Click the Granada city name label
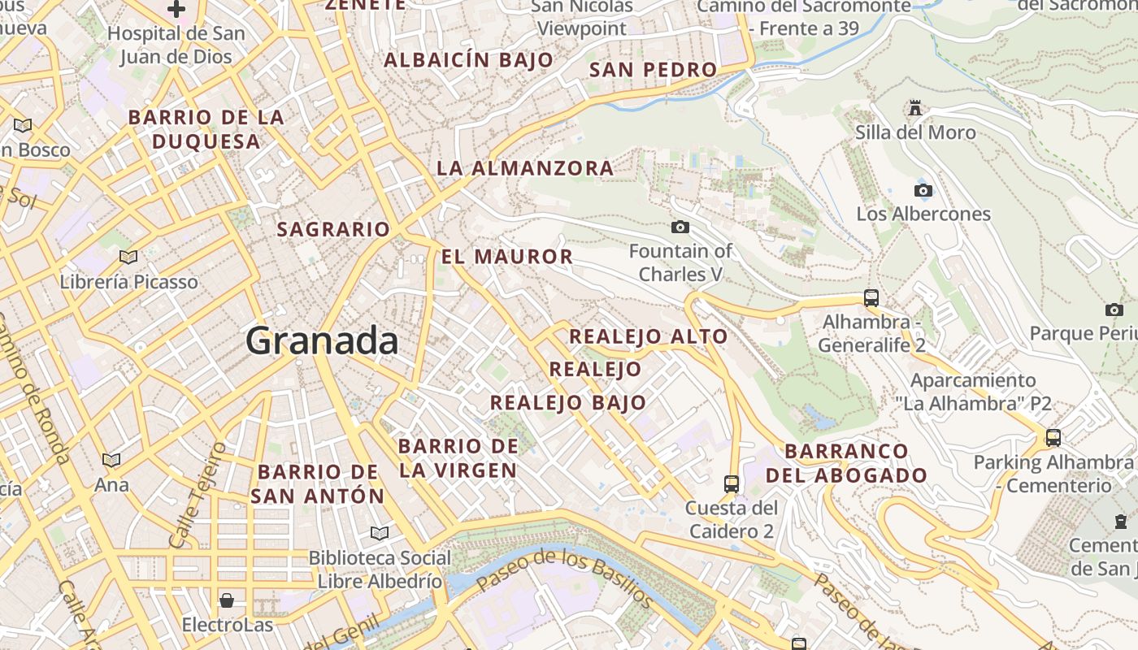click(322, 340)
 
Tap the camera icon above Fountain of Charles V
click(680, 227)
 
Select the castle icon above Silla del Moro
click(915, 108)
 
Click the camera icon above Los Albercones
click(923, 190)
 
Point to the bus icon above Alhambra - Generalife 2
click(871, 297)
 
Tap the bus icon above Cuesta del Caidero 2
click(732, 484)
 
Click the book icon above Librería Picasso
click(128, 258)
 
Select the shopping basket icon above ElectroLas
click(227, 600)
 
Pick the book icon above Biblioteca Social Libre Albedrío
click(379, 534)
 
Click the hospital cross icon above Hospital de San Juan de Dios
click(176, 10)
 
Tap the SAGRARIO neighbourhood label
click(333, 230)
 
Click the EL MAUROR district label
click(507, 258)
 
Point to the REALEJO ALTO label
click(649, 336)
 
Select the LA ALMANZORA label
click(525, 169)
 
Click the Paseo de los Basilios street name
click(564, 579)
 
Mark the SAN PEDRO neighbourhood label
click(653, 70)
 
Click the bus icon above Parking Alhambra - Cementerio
click(1053, 438)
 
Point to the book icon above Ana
click(111, 460)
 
